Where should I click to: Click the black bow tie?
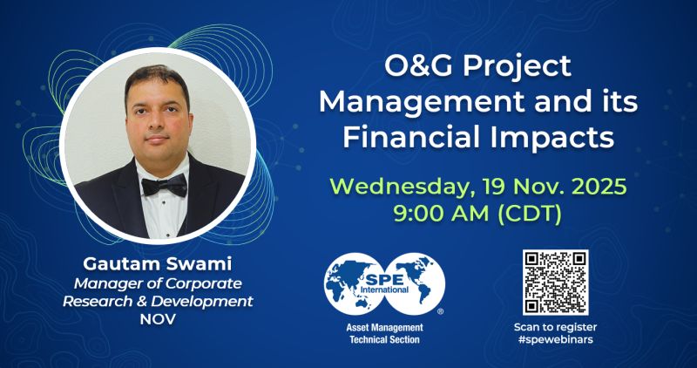165,185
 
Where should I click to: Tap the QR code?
555,283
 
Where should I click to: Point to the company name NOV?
158,318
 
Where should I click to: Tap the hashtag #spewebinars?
555,340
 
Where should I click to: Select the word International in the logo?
385,290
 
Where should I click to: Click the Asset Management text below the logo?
384,328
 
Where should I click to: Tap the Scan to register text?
555,328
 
